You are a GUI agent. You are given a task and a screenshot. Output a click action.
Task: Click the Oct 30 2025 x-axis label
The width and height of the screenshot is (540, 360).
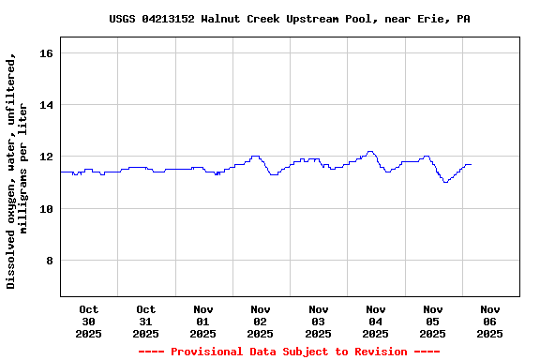click(x=88, y=321)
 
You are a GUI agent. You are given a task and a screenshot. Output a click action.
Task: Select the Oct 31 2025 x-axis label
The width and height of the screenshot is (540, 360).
click(x=145, y=321)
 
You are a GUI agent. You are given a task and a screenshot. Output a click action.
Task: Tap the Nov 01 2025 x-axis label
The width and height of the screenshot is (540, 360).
click(x=203, y=321)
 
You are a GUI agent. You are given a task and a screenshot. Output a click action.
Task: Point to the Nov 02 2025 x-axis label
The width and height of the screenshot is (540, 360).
click(x=261, y=321)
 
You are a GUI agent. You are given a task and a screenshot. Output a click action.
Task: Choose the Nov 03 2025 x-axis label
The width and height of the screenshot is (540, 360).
click(x=318, y=321)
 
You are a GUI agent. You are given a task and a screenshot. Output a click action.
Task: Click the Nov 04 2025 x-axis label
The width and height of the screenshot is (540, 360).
click(x=375, y=321)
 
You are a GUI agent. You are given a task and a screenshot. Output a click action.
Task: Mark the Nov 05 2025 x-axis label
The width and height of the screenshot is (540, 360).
click(x=432, y=321)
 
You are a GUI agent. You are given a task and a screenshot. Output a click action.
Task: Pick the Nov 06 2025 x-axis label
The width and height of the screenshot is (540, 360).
click(x=490, y=321)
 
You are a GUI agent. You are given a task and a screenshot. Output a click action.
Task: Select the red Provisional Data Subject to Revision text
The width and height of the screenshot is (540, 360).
click(x=289, y=352)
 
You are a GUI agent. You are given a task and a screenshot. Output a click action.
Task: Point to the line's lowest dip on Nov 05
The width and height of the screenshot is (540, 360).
click(x=445, y=182)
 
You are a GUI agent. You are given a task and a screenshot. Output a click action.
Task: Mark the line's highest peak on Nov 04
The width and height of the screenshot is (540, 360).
click(x=371, y=151)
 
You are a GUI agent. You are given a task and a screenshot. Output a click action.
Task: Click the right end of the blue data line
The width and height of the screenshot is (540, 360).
click(x=471, y=164)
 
